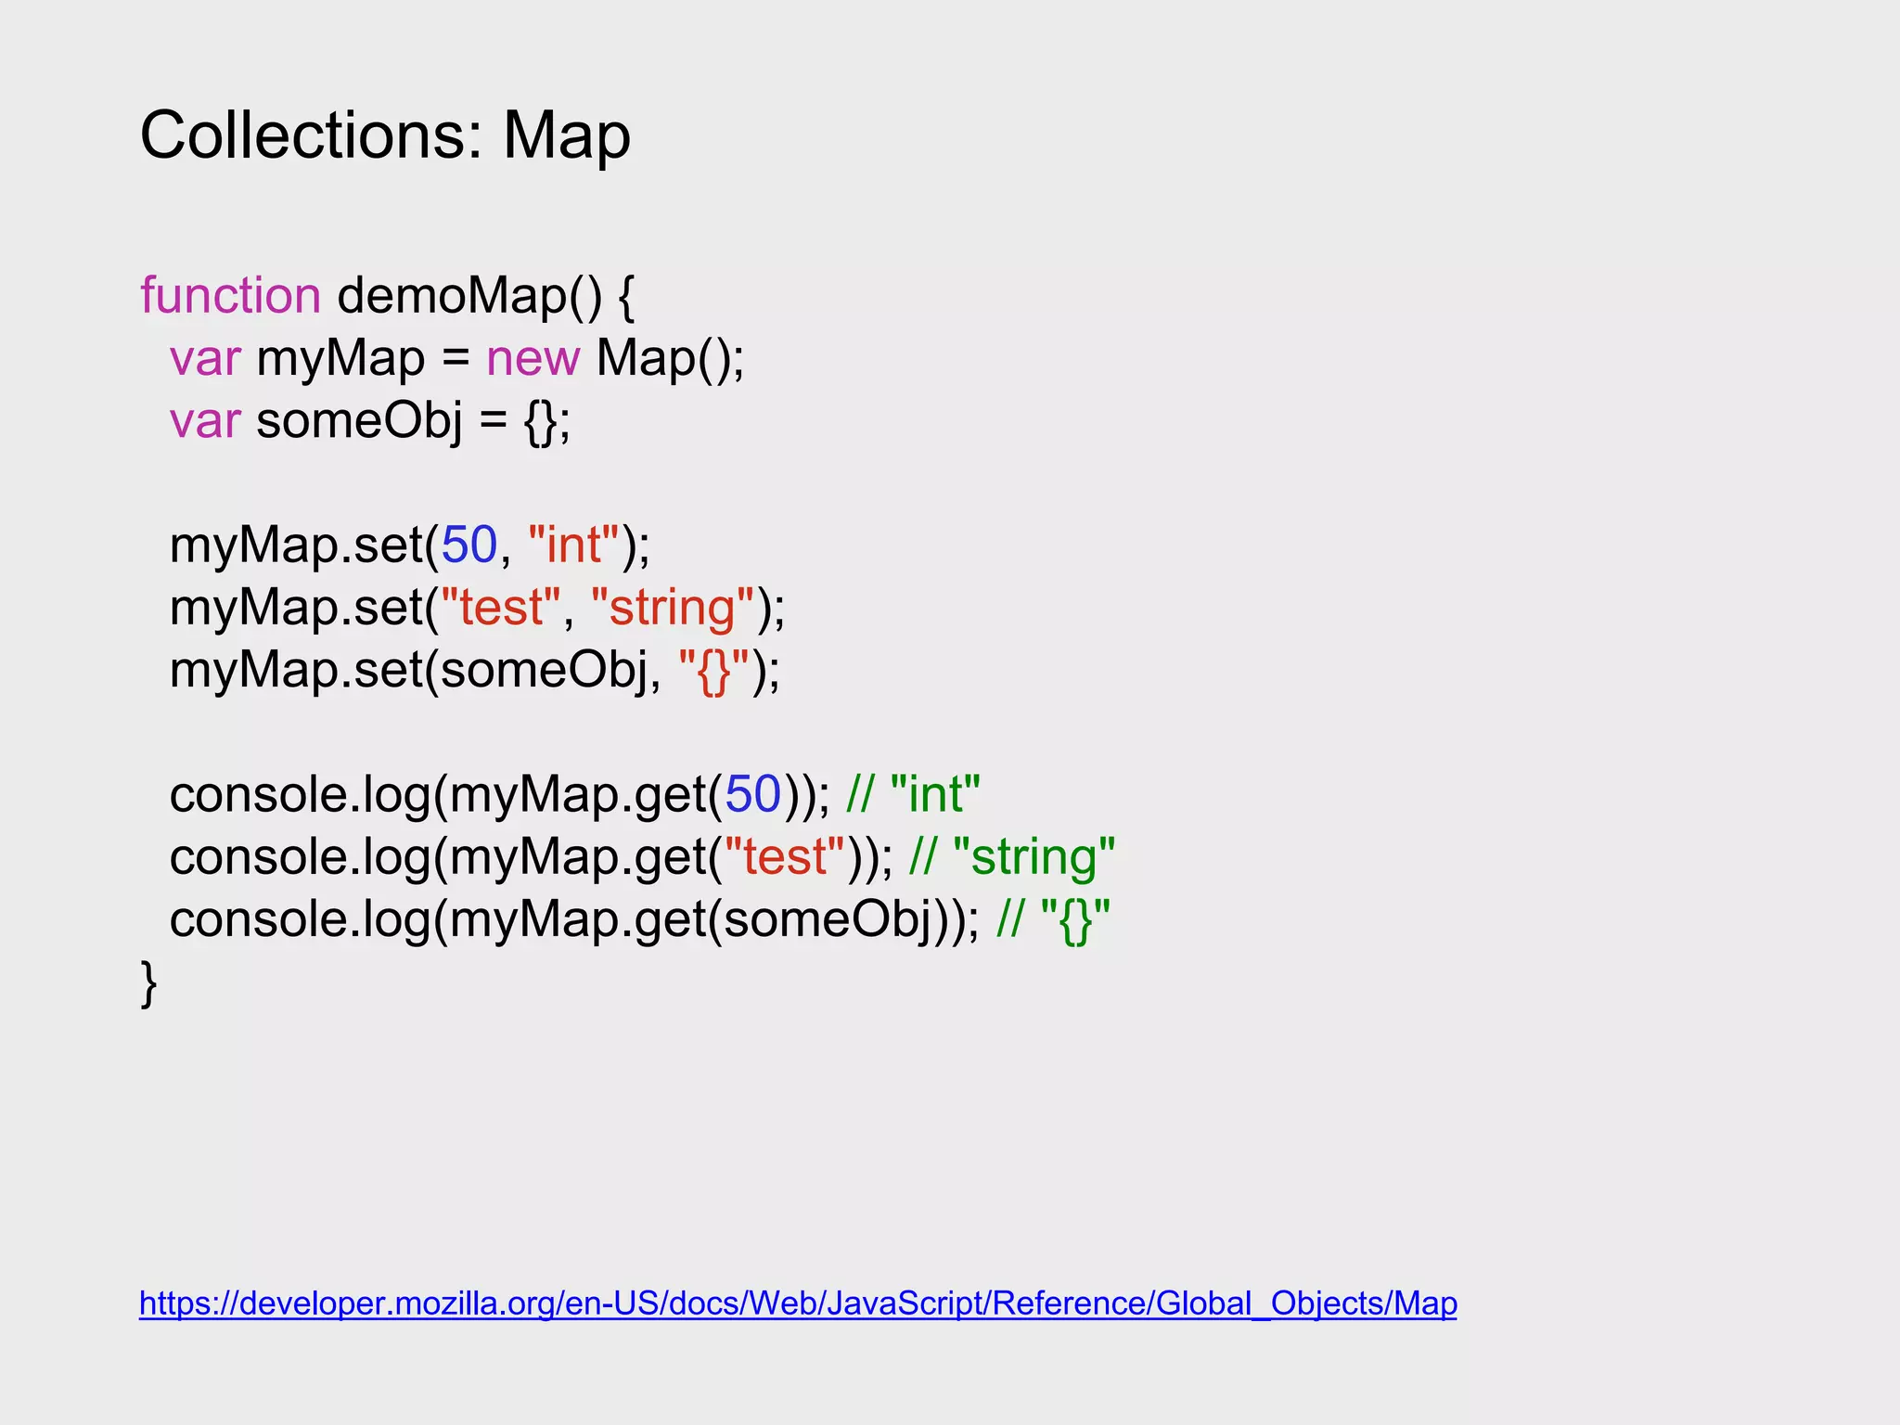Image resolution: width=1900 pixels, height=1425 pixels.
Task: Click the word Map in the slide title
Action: pyautogui.click(x=566, y=136)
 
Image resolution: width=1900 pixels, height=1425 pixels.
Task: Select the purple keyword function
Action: pyautogui.click(x=230, y=296)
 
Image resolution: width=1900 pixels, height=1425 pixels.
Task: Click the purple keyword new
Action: pyautogui.click(x=533, y=358)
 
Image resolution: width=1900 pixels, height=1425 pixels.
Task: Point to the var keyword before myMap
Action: pyautogui.click(x=205, y=358)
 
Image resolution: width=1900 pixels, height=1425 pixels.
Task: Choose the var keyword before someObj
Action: pyautogui.click(x=205, y=420)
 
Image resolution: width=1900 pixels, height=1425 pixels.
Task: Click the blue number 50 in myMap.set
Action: pyautogui.click(x=469, y=545)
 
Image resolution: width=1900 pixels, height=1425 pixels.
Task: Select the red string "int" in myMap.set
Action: pyautogui.click(x=573, y=545)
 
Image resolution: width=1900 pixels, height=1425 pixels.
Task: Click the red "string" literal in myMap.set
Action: pyautogui.click(x=673, y=608)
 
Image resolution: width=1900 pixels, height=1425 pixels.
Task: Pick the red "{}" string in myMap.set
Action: pyautogui.click(x=713, y=671)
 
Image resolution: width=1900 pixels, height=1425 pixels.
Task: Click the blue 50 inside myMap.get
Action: pyautogui.click(x=752, y=795)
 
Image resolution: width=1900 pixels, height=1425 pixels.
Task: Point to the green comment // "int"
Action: pyautogui.click(x=913, y=795)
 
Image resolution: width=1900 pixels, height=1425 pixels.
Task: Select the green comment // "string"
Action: pyautogui.click(x=1012, y=857)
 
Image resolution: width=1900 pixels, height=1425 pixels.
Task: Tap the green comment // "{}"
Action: pyautogui.click(x=1053, y=920)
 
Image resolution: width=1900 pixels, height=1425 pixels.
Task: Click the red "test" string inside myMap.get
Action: pyautogui.click(x=784, y=857)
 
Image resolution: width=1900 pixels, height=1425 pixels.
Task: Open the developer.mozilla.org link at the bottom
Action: pyautogui.click(x=798, y=1303)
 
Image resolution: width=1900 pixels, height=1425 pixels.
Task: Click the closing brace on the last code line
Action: pyautogui.click(x=148, y=982)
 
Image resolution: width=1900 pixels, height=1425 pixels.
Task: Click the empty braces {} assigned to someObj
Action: pyautogui.click(x=542, y=421)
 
